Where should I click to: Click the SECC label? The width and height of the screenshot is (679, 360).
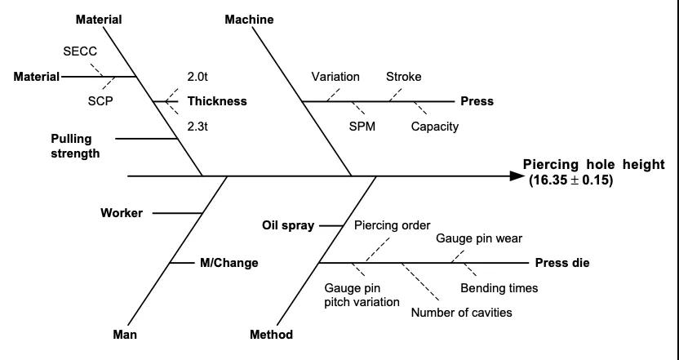[79, 51]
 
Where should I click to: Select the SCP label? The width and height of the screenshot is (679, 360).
[100, 101]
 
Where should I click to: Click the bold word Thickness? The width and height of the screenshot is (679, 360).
[217, 102]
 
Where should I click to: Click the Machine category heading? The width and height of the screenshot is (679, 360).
[249, 20]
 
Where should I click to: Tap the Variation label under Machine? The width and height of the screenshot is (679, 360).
[335, 77]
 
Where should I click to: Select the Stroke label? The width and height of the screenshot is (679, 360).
[403, 77]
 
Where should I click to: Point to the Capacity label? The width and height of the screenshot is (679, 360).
[434, 127]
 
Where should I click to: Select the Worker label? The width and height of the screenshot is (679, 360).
[122, 213]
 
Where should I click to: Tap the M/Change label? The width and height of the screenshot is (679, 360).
[229, 263]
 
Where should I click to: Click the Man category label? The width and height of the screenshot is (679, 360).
[125, 335]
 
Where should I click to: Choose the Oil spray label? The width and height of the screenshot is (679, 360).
[288, 226]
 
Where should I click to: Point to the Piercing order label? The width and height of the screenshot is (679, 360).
[392, 226]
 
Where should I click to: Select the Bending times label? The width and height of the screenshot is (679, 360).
[499, 288]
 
